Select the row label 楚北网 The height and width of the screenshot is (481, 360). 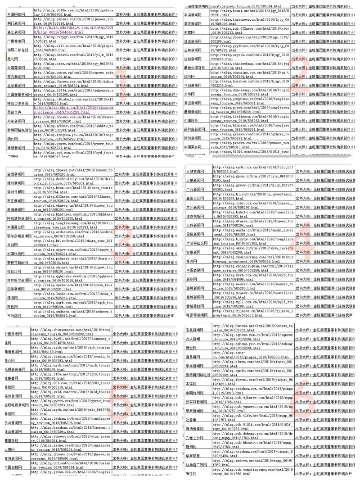[13, 59]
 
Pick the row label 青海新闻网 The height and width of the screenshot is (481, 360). [13, 458]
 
